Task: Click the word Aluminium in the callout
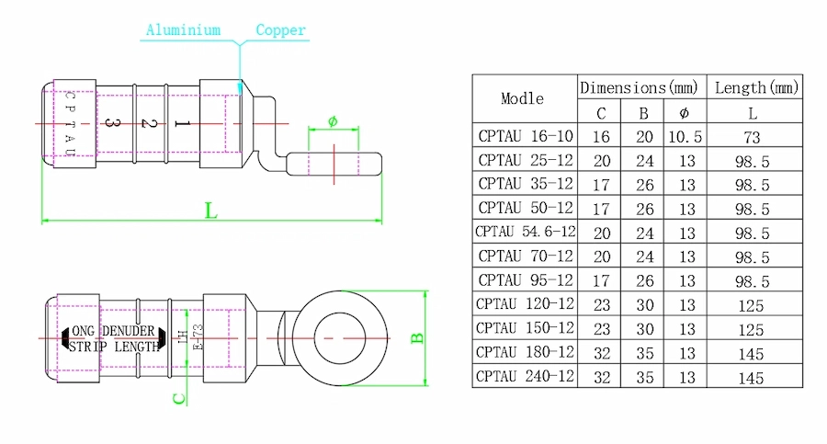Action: click(x=183, y=30)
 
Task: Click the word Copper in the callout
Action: click(x=280, y=30)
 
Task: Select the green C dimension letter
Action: click(x=180, y=398)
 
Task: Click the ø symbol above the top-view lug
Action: click(x=333, y=121)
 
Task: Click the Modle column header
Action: click(x=522, y=98)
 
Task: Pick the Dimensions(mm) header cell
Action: click(x=640, y=87)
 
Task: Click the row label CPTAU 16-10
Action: click(x=525, y=136)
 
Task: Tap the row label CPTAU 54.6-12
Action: click(x=525, y=232)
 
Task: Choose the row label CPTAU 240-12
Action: click(x=525, y=376)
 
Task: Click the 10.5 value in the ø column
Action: click(x=685, y=136)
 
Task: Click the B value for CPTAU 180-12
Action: click(x=644, y=352)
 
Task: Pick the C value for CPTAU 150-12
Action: click(x=601, y=328)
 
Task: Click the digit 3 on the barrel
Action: click(x=109, y=122)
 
